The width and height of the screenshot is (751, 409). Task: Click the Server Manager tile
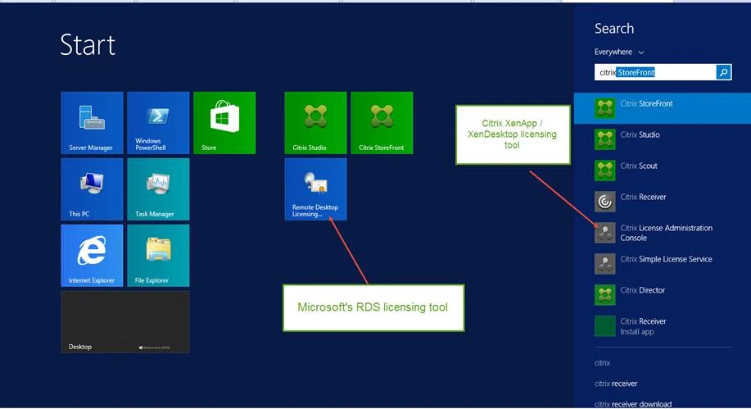(92, 122)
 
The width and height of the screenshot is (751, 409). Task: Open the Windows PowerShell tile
(158, 122)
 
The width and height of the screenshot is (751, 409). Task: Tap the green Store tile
(224, 122)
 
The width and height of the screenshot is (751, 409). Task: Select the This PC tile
(92, 189)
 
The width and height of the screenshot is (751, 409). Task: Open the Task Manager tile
(158, 189)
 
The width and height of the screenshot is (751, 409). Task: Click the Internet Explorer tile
(92, 255)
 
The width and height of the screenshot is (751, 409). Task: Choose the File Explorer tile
(158, 255)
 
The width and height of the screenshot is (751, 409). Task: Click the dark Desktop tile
(124, 321)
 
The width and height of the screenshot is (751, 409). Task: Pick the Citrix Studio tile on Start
(315, 122)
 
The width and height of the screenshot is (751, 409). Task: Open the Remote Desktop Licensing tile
(315, 189)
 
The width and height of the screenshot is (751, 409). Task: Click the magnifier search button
(723, 72)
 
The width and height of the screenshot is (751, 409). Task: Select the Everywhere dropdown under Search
(618, 52)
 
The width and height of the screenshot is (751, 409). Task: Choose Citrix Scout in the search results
(639, 166)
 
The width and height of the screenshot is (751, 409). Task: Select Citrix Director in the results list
(642, 291)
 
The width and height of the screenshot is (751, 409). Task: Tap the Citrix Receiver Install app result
(642, 326)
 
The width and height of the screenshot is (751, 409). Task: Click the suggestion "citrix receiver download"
(633, 403)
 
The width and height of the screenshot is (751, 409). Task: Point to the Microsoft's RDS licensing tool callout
(373, 307)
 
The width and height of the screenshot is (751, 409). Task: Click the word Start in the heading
(88, 45)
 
